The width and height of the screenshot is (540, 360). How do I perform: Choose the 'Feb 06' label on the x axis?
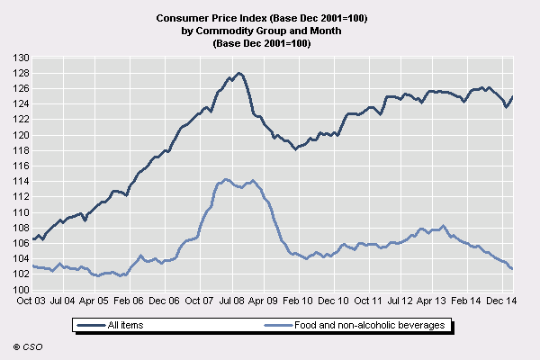tap(131, 301)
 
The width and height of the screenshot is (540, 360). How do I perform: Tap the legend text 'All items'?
tap(125, 325)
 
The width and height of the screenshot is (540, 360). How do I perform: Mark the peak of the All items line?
tap(238, 73)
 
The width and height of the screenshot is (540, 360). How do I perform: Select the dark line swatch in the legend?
tap(92, 325)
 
